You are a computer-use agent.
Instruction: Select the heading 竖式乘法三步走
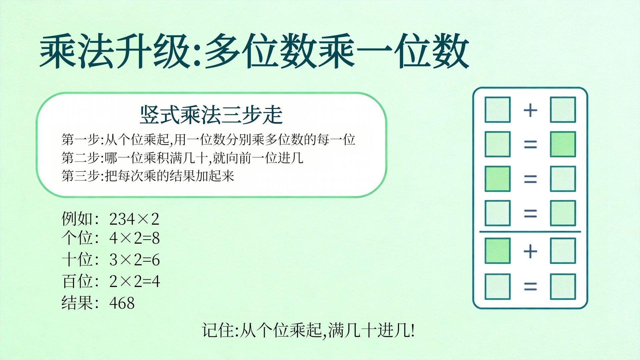[211, 115]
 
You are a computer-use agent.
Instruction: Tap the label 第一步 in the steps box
[81, 139]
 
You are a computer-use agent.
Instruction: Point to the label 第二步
[81, 158]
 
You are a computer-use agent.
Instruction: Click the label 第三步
[81, 176]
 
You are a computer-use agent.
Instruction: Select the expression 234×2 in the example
[134, 219]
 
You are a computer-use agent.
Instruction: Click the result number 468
[122, 303]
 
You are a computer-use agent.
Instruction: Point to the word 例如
[77, 219]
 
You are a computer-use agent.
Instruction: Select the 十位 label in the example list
[77, 259]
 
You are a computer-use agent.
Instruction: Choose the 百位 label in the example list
[77, 281]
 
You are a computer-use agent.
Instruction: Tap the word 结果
[77, 303]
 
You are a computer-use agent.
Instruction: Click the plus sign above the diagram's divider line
[530, 110]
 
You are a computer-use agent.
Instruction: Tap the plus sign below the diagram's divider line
[530, 251]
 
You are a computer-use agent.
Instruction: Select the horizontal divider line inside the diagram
[530, 231]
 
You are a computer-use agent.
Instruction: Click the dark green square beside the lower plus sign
[497, 251]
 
